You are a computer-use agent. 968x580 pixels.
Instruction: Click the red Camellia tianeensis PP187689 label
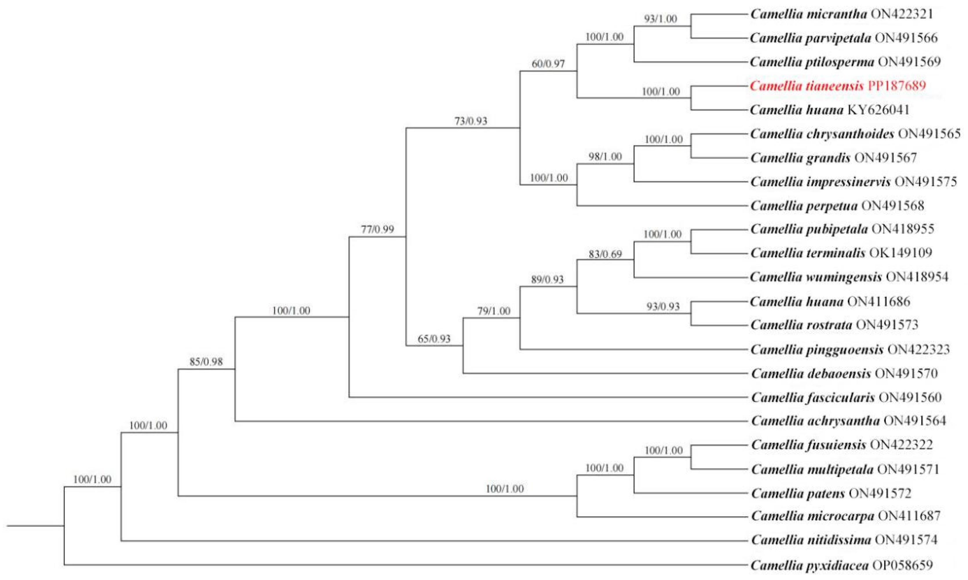pos(837,85)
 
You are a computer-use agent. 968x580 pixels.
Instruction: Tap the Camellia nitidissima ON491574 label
pos(844,540)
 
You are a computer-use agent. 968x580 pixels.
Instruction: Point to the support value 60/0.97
pos(548,63)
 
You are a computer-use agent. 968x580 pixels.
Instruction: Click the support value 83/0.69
pos(605,254)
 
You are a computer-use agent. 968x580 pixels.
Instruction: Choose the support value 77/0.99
pos(377,229)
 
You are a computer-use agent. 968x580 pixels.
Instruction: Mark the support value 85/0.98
pos(206,362)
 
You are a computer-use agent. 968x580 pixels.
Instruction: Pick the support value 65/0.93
pos(434,339)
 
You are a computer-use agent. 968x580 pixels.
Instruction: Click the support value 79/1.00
pos(493,311)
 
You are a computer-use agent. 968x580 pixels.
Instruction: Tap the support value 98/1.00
pos(605,157)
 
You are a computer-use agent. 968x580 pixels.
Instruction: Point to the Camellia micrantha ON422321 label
pos(841,14)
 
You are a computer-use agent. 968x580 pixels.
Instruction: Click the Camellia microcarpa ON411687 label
pos(845,516)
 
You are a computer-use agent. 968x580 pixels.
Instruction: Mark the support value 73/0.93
pos(471,121)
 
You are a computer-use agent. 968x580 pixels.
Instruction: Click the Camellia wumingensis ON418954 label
pos(849,277)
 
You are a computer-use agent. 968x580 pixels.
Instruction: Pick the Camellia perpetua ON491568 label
pos(837,206)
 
